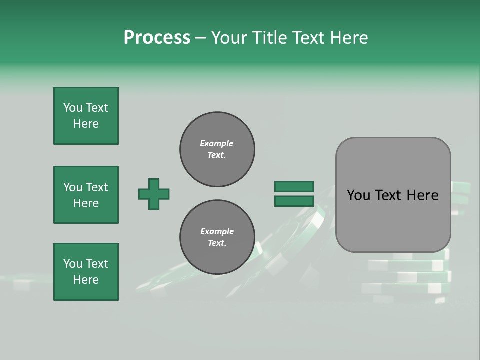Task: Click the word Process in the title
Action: click(x=157, y=37)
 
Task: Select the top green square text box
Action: click(x=86, y=116)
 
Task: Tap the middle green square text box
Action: click(x=86, y=195)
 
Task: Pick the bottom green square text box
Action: click(x=86, y=272)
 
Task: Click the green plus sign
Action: click(x=154, y=194)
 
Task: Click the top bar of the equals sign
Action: click(x=294, y=186)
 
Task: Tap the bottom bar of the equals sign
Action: click(x=294, y=201)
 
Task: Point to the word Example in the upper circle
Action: click(x=217, y=143)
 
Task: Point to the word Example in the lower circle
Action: click(x=217, y=231)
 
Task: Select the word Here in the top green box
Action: click(x=86, y=124)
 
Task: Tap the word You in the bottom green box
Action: click(x=73, y=264)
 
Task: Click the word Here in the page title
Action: click(x=348, y=38)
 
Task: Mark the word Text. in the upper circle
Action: click(x=217, y=155)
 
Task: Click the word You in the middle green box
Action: click(x=73, y=187)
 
